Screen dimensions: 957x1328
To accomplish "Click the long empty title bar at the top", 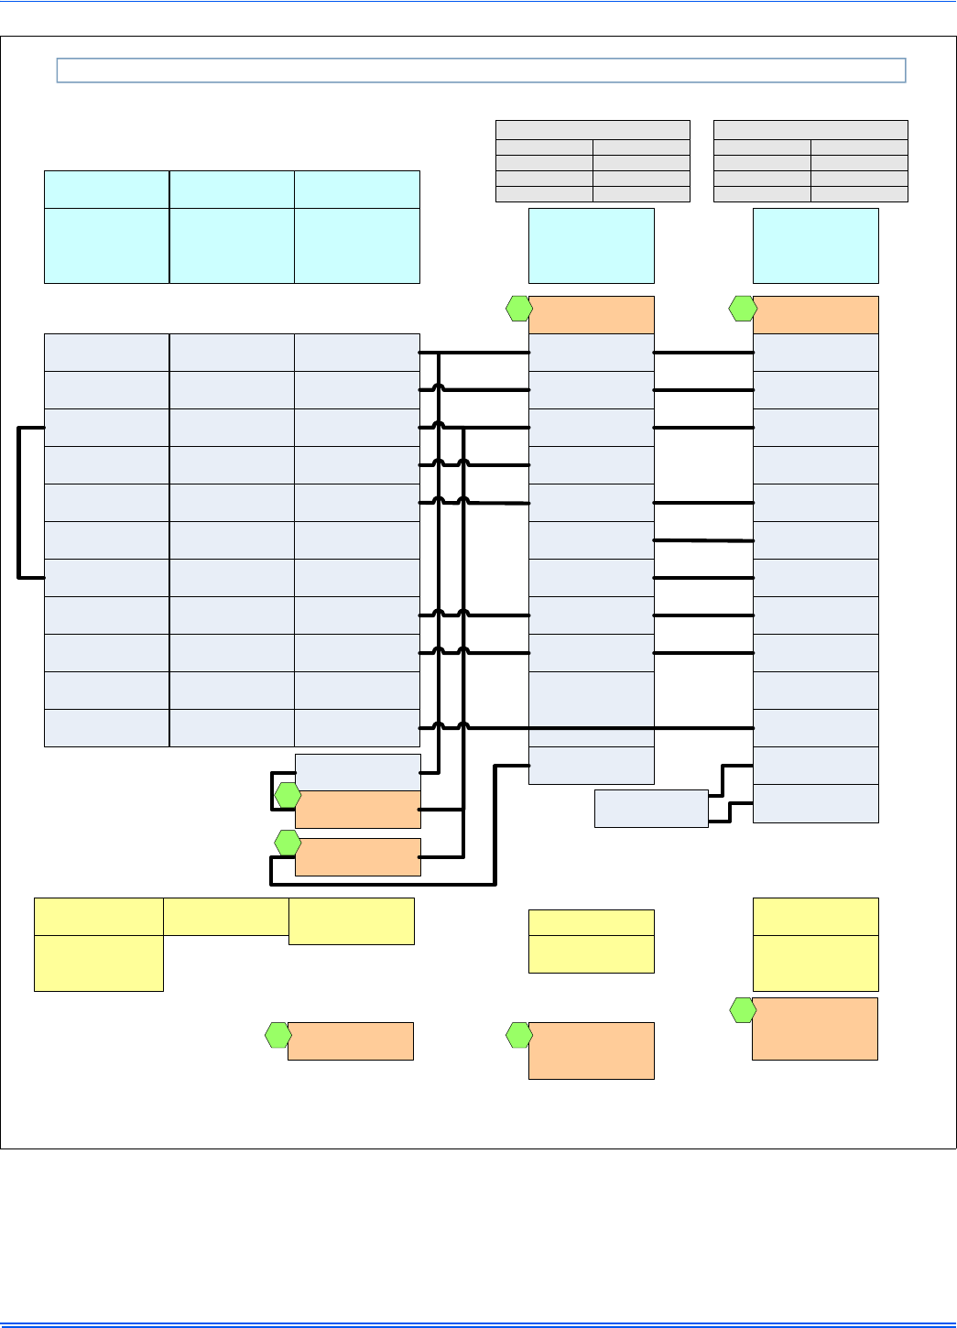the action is point(481,71).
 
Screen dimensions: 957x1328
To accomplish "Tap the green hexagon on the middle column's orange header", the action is point(519,310).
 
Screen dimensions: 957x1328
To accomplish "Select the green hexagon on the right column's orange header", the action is point(743,310).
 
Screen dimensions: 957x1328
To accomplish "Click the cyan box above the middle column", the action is point(592,245).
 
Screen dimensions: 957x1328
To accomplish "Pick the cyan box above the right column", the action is point(815,245).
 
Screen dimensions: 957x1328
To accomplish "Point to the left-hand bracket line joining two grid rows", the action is point(19,502).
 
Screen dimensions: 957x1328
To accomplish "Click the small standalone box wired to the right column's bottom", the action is point(651,809).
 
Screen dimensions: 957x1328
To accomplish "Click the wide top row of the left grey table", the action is point(593,130).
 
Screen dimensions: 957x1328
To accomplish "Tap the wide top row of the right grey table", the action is point(810,130).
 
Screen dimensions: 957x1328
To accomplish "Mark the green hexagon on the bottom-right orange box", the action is point(743,1011).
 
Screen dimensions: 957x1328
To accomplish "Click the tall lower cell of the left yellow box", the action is point(99,963).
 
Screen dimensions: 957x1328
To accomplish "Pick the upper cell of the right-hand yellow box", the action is point(815,917).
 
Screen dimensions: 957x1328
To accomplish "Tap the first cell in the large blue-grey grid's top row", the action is point(106,353).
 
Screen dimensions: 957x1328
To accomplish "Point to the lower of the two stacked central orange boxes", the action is point(358,857).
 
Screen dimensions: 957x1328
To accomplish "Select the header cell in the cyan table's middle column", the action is point(232,189).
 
